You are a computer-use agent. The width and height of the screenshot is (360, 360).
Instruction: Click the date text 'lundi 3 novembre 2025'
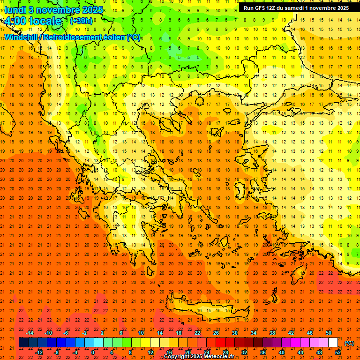click(53, 10)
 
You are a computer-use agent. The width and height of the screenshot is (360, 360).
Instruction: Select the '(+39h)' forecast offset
click(81, 21)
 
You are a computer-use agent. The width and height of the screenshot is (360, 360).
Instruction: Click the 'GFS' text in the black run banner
click(262, 8)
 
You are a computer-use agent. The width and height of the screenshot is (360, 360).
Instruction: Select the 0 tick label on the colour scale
click(92, 352)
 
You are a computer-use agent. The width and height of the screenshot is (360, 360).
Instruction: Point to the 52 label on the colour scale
click(338, 352)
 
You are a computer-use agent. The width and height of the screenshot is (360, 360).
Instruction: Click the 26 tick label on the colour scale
click(216, 333)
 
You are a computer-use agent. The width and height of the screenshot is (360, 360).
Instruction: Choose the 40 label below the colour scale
click(282, 352)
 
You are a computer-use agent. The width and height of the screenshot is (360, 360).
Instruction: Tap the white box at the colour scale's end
click(333, 343)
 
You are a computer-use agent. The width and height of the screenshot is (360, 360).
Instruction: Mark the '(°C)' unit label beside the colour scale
click(349, 343)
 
